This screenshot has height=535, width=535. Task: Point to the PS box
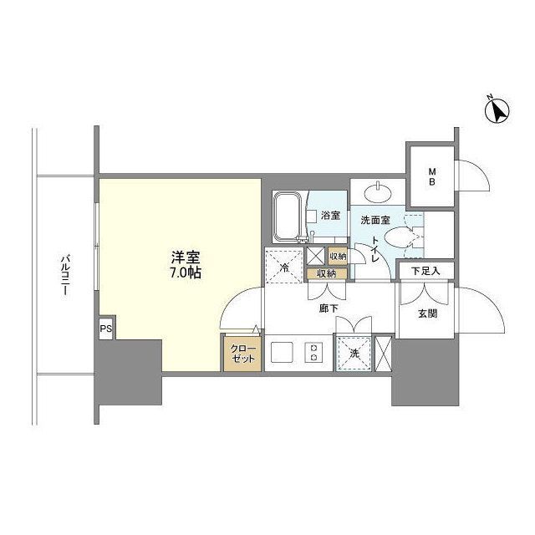(106, 329)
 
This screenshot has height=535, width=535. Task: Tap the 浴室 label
(330, 216)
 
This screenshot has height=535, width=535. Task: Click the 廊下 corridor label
(328, 307)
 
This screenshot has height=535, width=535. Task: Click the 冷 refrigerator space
(284, 267)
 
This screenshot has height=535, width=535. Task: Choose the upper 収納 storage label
(337, 257)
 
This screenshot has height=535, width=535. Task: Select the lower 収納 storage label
(326, 273)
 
